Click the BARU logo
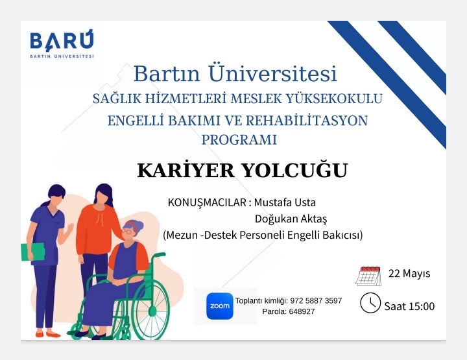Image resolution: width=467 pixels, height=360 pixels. point(62,43)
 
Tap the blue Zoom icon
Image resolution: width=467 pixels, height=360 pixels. point(220,306)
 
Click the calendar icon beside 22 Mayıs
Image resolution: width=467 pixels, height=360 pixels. point(368,276)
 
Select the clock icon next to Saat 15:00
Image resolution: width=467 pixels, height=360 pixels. point(370,303)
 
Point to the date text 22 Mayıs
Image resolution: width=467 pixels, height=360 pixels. point(409,273)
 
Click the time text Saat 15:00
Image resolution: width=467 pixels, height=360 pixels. point(409,306)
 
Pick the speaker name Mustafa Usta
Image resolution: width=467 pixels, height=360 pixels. point(285,202)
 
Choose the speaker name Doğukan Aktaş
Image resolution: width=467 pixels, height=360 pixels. point(291,219)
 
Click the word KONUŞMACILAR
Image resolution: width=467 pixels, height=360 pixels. point(207,203)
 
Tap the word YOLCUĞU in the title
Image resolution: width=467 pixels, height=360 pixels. point(294,170)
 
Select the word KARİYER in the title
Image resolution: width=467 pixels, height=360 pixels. point(186,170)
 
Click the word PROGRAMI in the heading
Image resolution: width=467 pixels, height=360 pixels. point(239,139)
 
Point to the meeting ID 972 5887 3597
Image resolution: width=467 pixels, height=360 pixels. point(316,301)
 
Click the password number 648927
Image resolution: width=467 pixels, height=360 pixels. point(302,311)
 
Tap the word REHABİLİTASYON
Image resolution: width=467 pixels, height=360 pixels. point(307,121)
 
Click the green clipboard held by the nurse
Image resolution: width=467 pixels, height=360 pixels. point(33,252)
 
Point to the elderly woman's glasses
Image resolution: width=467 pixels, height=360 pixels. point(127,232)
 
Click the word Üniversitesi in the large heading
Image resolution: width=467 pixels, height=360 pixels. point(272,73)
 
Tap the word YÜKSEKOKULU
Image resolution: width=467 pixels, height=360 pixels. point(334,99)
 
